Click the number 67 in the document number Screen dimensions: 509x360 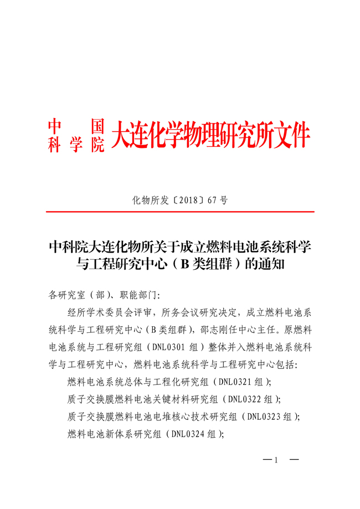(212, 200)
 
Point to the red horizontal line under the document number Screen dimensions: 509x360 (180, 212)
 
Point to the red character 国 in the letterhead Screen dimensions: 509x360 (97, 124)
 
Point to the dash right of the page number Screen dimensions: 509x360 (294, 460)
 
